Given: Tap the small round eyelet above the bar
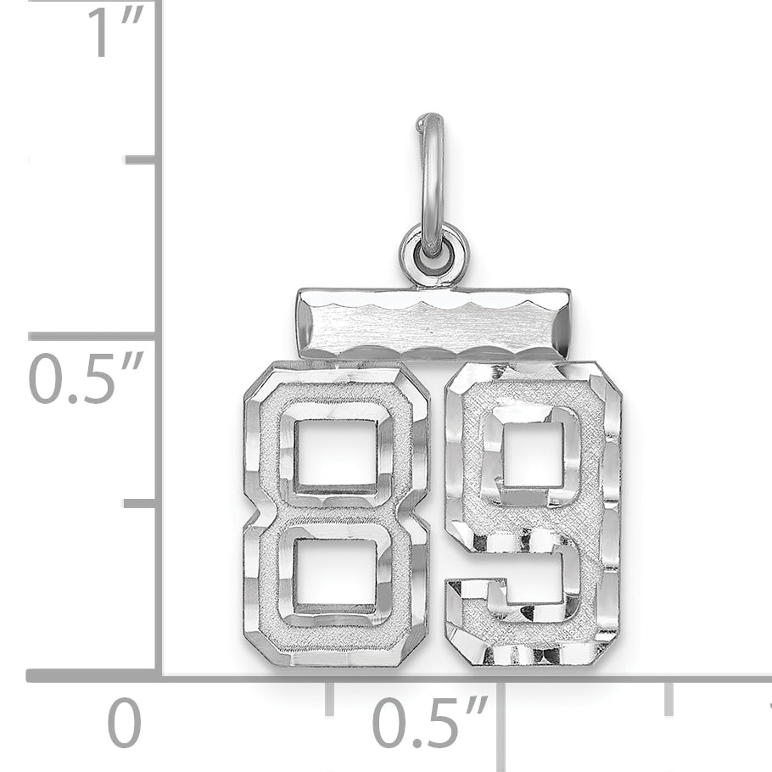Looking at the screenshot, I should point(433,255).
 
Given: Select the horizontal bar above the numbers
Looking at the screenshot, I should point(433,323).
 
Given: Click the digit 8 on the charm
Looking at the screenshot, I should point(336,513).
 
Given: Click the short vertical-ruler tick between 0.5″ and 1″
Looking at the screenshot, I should point(140,159).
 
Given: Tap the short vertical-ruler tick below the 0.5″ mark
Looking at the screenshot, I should point(140,503).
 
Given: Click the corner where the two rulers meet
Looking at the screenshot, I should point(159,676).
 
